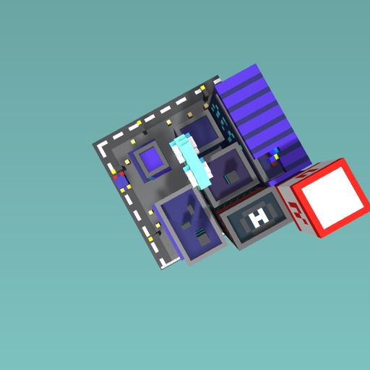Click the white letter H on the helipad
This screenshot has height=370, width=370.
coord(259,218)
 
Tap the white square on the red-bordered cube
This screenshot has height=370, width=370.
coord(332,197)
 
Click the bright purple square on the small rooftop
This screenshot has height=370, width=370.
coord(151,159)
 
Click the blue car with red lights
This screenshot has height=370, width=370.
coord(121,180)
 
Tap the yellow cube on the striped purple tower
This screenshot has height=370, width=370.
coord(276,157)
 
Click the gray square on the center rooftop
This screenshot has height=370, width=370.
coord(232,177)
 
